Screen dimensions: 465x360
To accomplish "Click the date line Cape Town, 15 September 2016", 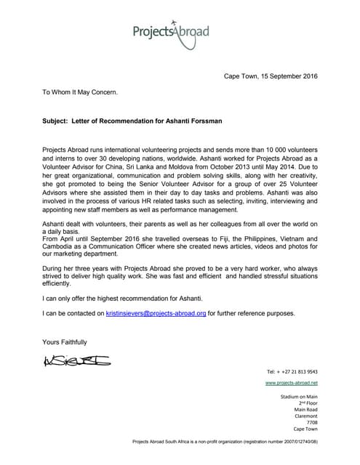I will tap(271, 76).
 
